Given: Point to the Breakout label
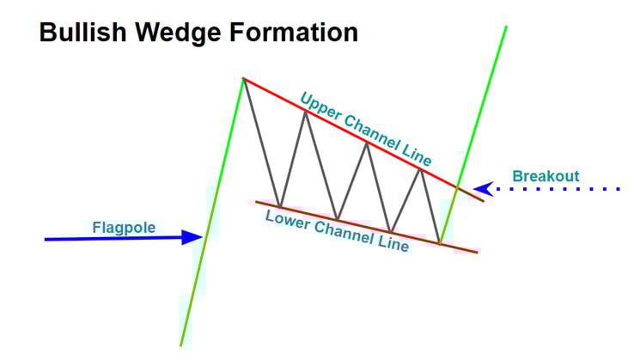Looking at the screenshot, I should click(x=546, y=177).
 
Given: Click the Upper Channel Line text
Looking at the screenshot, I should click(x=366, y=129).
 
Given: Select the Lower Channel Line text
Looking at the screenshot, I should click(x=337, y=229).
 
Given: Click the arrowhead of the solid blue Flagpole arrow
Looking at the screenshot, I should click(x=196, y=237).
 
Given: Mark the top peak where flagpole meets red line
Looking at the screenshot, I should click(x=244, y=79).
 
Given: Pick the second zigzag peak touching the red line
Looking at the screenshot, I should click(x=304, y=111).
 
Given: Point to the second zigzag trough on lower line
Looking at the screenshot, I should click(x=337, y=220).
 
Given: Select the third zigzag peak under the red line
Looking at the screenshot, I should click(x=368, y=142).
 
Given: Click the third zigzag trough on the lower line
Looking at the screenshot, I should click(x=390, y=232).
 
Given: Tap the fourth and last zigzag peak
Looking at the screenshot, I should click(x=420, y=169).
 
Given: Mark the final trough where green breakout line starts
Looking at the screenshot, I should click(x=439, y=243).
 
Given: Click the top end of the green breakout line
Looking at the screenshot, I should click(x=507, y=27).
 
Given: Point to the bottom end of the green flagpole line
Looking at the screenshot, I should click(x=180, y=345).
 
